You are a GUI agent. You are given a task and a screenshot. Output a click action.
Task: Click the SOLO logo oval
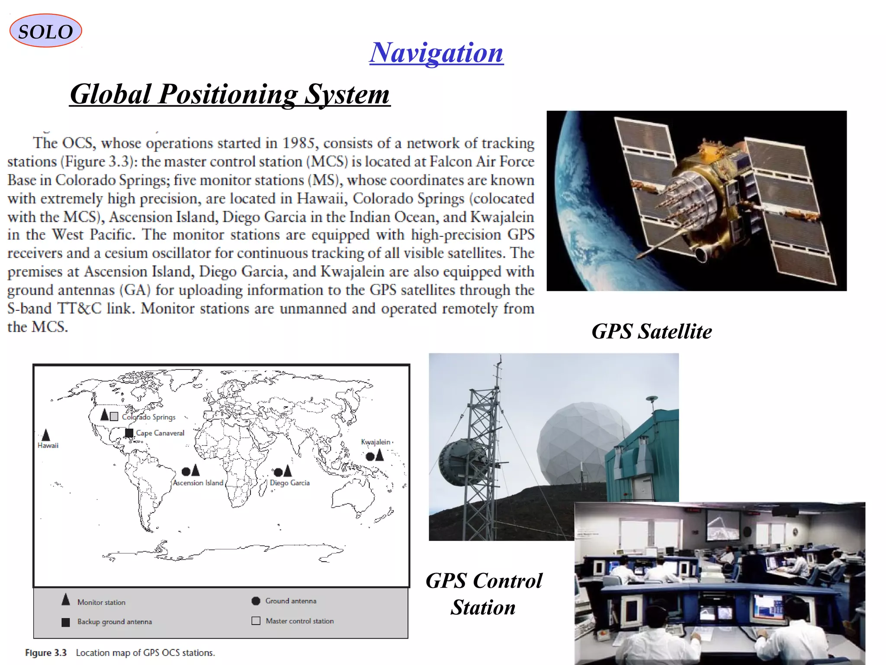[x=45, y=31]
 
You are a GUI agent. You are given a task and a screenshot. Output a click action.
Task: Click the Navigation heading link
[x=436, y=53]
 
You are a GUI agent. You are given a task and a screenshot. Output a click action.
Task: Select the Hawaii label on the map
[x=48, y=445]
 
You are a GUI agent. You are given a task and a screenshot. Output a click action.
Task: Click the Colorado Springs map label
[x=149, y=417]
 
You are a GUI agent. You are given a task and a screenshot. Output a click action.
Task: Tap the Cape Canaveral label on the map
[x=160, y=433]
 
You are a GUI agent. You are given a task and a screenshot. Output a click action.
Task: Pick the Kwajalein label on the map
[x=376, y=442]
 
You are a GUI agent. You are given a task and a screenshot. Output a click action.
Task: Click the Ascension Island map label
[x=198, y=483]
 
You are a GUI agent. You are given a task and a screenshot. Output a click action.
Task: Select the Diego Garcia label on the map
[x=290, y=483]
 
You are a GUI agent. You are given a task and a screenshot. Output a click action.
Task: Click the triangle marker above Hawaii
[x=46, y=435]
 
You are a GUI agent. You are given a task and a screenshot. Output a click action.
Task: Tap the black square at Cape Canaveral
[x=129, y=433]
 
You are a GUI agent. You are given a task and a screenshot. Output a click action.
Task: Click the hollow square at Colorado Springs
[x=114, y=416]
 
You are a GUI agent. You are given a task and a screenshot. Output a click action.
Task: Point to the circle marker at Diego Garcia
[x=278, y=472]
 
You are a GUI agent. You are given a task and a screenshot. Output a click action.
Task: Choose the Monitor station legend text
[x=101, y=602]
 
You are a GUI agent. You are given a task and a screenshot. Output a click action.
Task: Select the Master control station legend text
[x=300, y=621]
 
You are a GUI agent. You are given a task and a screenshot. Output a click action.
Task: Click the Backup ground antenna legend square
[x=66, y=622]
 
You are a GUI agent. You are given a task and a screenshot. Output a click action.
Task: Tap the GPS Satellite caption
[x=652, y=332]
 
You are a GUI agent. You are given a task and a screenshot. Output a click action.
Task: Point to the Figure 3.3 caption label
[x=46, y=653]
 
